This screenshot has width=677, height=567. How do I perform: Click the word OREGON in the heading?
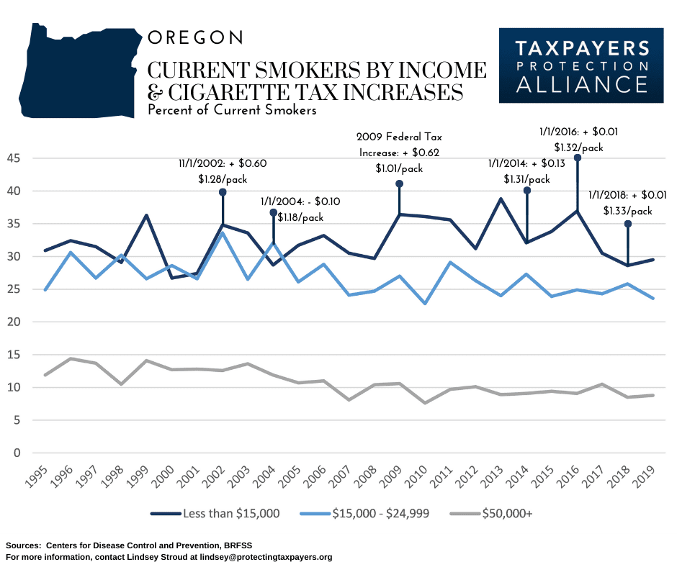195,37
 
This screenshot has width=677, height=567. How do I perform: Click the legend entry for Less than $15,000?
216,513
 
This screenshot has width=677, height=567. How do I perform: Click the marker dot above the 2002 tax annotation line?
223,192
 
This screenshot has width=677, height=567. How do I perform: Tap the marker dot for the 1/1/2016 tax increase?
577,158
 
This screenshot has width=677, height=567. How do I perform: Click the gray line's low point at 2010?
426,403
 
